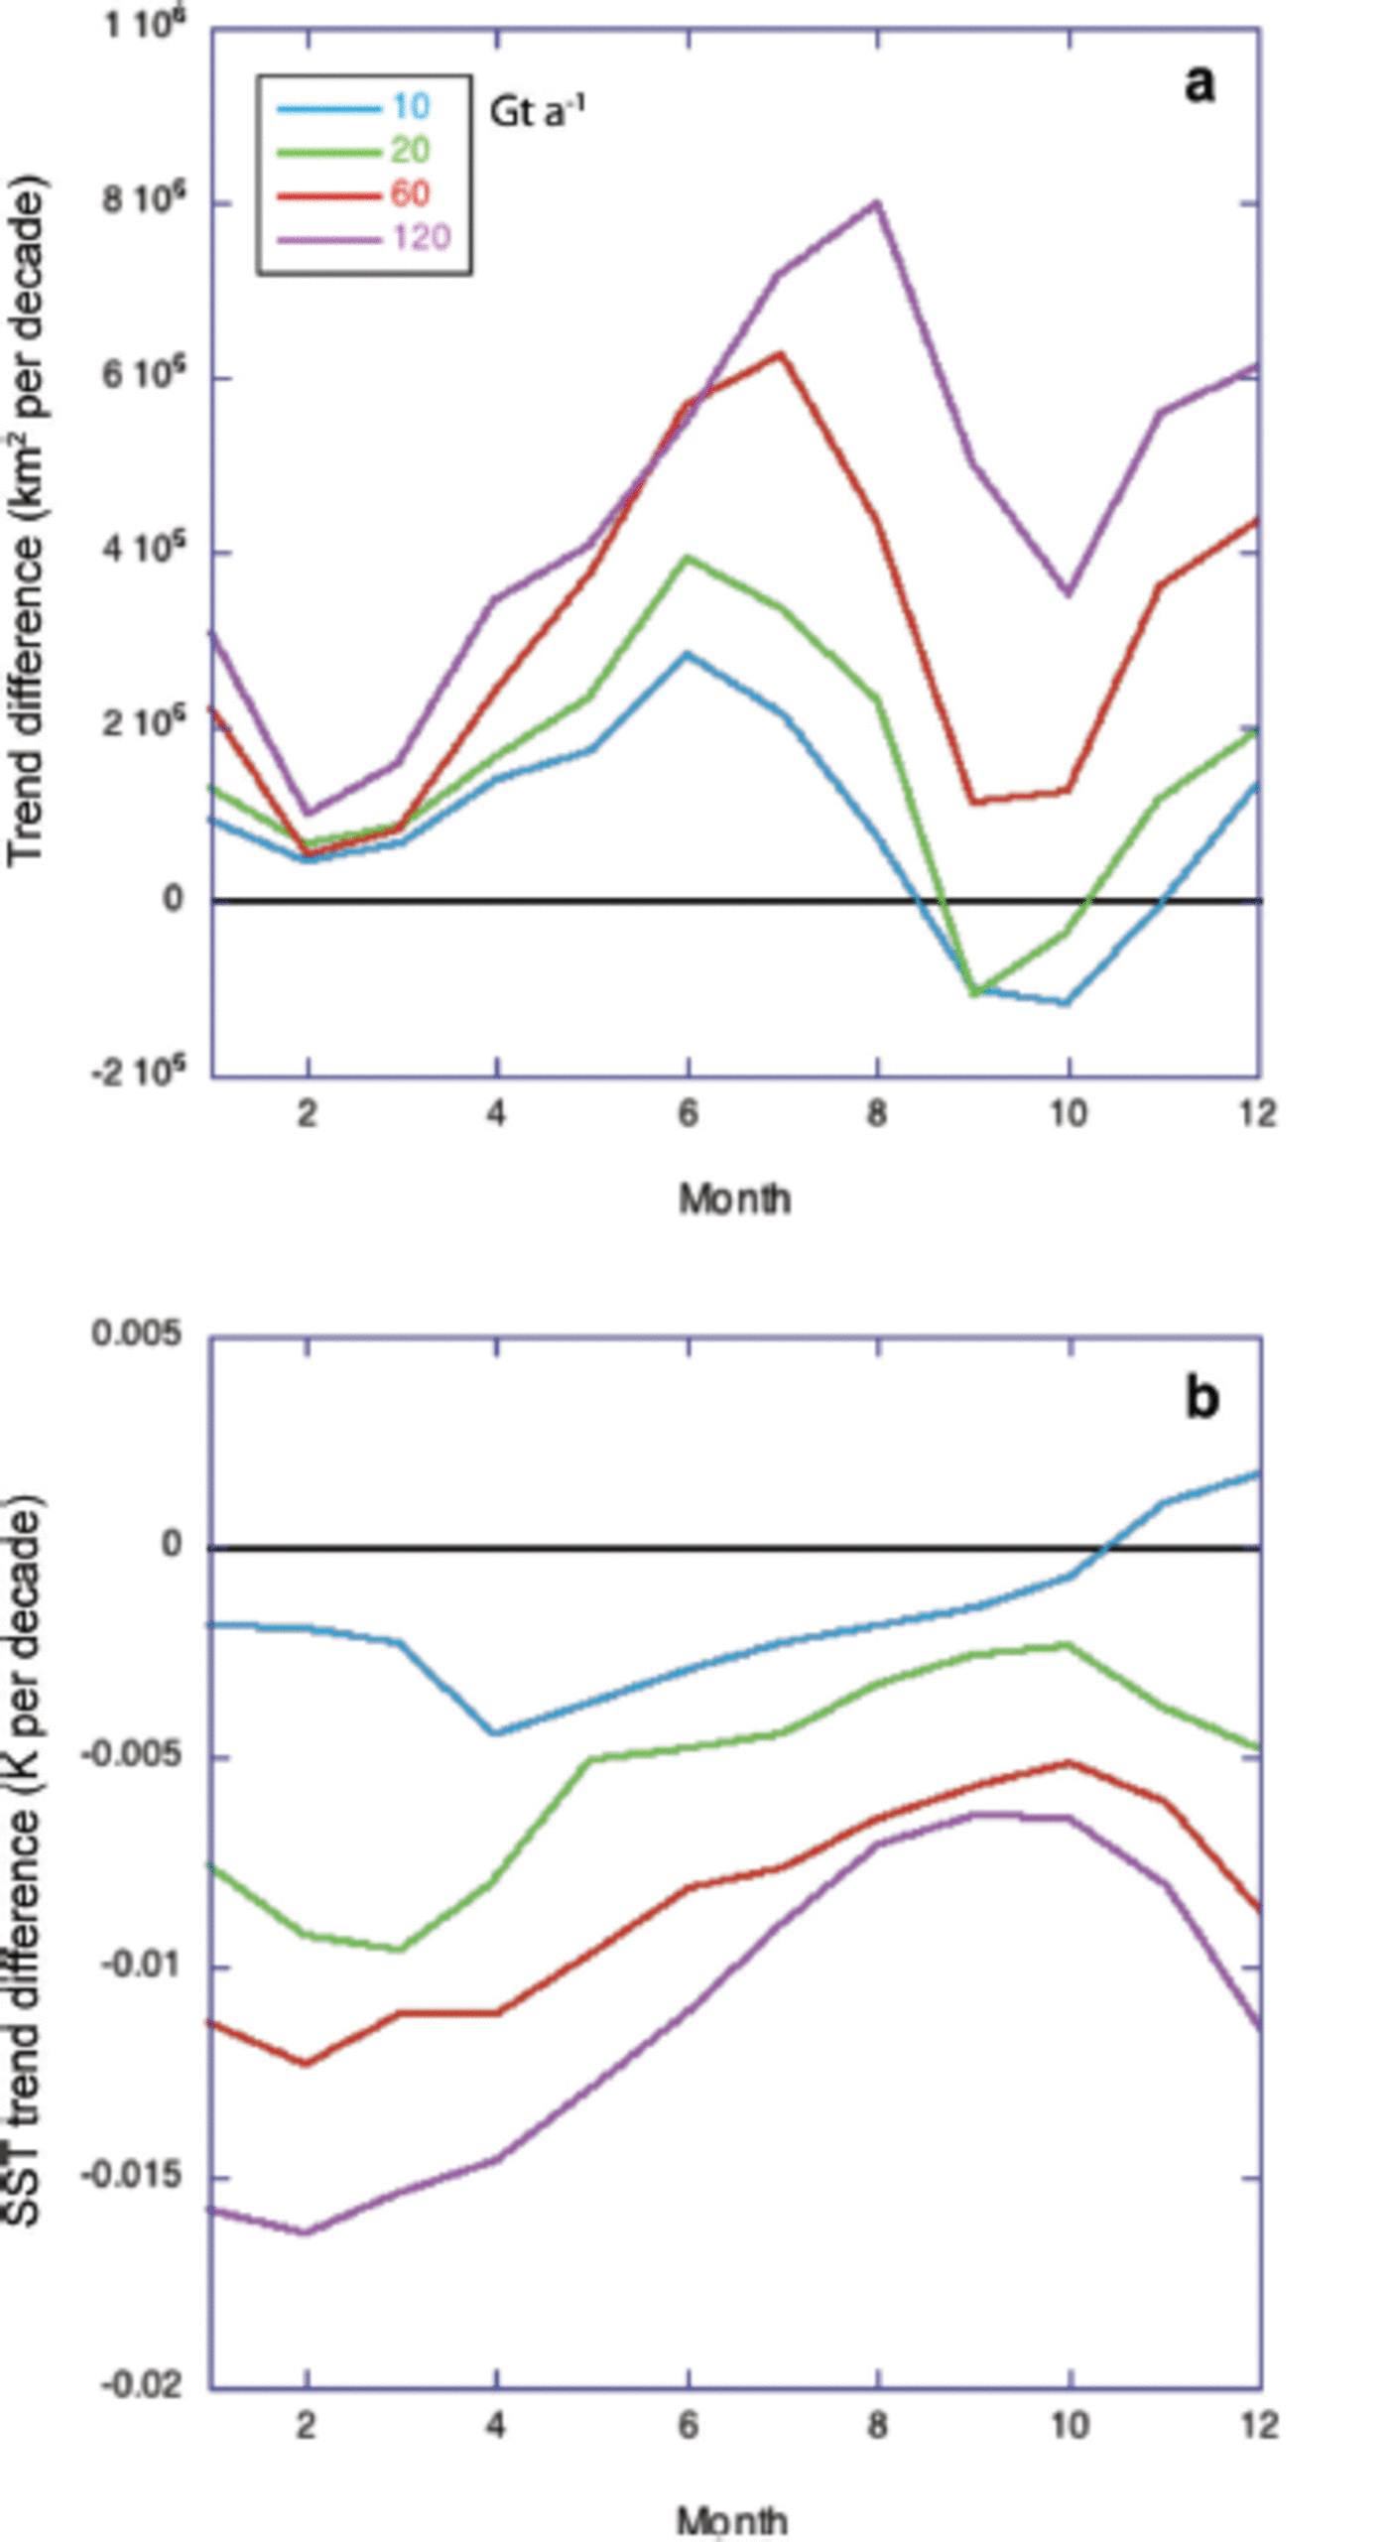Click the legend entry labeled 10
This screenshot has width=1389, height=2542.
click(x=410, y=106)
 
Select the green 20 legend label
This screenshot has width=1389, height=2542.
click(x=410, y=150)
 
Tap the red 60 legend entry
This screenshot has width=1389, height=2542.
click(x=410, y=192)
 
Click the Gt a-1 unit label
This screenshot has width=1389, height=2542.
click(x=537, y=110)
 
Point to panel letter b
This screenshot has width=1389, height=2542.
click(x=1201, y=1398)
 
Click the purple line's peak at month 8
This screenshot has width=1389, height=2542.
click(x=877, y=202)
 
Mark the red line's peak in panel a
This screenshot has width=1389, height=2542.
click(x=782, y=353)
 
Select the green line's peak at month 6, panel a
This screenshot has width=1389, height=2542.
click(x=688, y=558)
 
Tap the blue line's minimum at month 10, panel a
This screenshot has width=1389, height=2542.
click(x=1069, y=1003)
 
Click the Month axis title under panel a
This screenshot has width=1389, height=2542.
click(x=734, y=1199)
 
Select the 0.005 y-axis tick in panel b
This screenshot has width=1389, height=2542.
click(x=137, y=1334)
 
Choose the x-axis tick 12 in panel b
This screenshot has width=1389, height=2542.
click(x=1258, y=2425)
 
